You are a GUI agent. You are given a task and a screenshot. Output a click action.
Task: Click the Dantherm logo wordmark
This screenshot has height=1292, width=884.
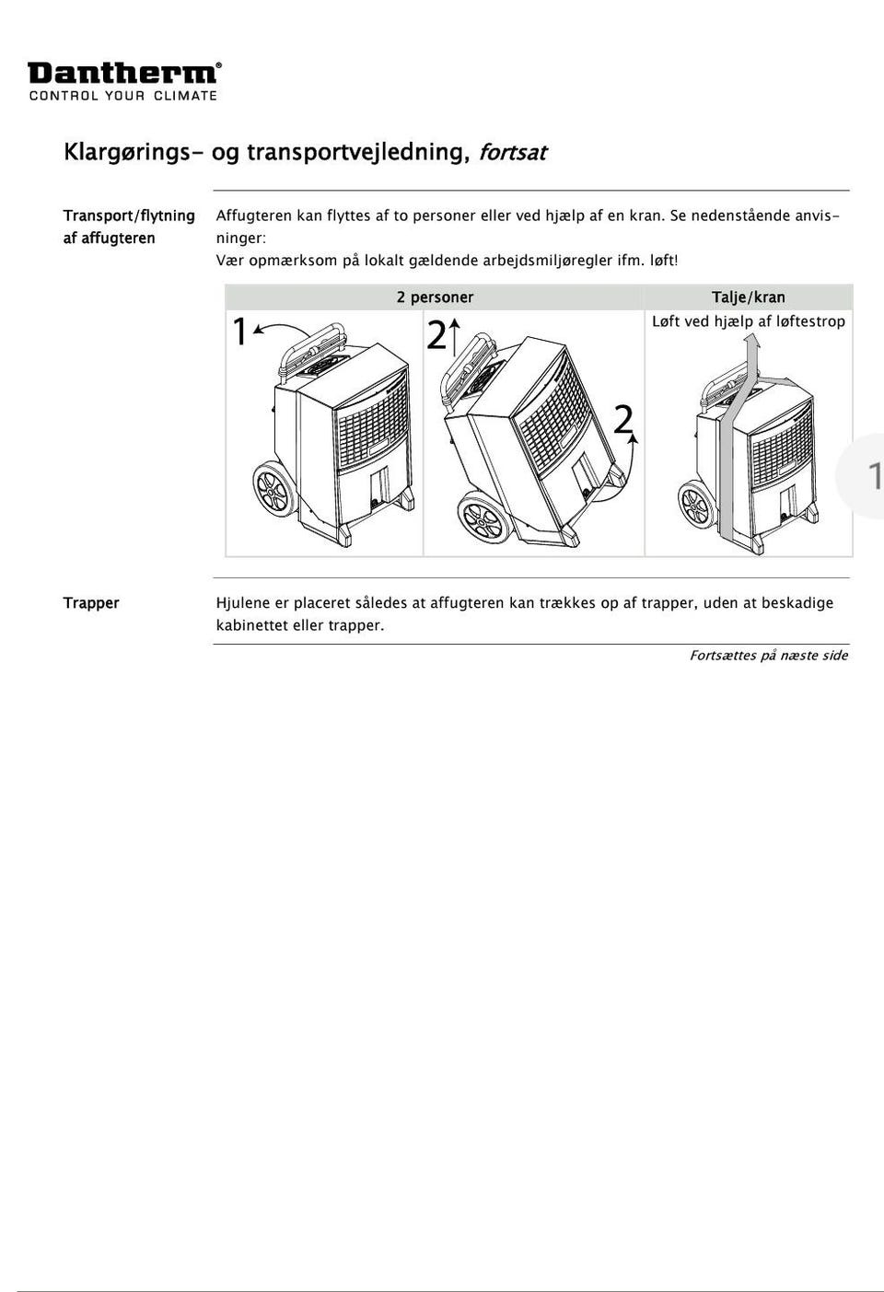[123, 73]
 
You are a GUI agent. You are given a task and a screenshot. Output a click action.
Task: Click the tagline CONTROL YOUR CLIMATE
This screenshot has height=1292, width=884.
[123, 96]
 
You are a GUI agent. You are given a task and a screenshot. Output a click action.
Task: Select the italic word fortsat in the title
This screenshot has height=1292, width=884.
[512, 152]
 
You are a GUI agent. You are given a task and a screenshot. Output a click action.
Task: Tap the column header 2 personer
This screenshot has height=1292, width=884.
[435, 297]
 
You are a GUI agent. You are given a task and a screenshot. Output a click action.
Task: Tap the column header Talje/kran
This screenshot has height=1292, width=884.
[748, 297]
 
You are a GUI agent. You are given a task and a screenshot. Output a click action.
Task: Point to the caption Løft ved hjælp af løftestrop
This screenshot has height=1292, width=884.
[748, 321]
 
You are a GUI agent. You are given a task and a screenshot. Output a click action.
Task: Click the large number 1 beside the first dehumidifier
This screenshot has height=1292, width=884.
[239, 332]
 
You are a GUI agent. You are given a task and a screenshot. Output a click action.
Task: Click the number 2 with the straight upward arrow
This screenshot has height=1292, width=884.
[436, 336]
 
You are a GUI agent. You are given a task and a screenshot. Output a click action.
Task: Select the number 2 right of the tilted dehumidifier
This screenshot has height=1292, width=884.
[623, 420]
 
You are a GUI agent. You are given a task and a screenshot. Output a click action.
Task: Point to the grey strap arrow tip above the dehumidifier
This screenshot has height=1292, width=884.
[751, 342]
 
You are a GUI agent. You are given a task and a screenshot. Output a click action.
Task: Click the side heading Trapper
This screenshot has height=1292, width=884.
[91, 603]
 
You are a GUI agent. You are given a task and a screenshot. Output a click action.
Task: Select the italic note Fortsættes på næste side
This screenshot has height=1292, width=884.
[768, 656]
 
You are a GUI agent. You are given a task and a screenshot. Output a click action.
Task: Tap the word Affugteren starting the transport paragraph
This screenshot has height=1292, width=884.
[253, 215]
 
